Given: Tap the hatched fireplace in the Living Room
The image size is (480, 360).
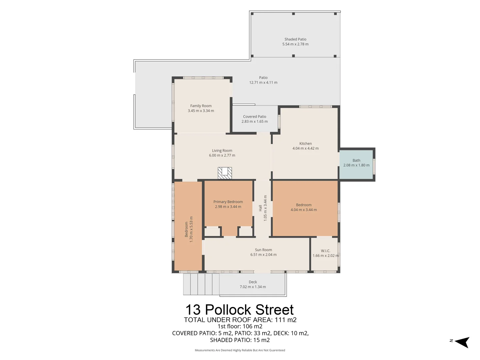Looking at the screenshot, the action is (225, 173).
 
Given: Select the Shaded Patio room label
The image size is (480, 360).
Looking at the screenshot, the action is (295, 39).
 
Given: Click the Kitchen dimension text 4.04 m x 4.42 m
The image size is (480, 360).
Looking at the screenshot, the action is (305, 148).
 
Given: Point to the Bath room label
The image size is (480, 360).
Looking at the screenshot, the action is (356, 160).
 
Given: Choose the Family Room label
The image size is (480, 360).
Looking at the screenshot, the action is (201, 106).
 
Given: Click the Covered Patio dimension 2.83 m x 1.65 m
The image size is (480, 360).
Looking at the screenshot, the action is (255, 121).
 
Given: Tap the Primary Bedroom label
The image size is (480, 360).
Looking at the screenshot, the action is (228, 202).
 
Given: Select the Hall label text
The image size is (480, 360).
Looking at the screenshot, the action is (260, 208).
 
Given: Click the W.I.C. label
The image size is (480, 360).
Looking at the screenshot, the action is (325, 251).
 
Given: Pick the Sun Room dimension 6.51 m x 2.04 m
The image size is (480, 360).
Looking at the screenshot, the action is (263, 254).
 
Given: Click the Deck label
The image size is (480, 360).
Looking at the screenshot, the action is (253, 282).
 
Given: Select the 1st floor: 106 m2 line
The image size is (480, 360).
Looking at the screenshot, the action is (240, 326).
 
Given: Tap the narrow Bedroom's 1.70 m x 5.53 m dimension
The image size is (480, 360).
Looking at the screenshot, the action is (191, 229).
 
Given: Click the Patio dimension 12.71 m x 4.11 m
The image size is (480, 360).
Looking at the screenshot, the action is (263, 82).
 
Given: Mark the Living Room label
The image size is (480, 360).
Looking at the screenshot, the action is (222, 151).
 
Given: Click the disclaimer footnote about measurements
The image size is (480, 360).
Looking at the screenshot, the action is (240, 350).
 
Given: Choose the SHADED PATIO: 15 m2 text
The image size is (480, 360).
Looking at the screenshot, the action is (240, 340).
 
